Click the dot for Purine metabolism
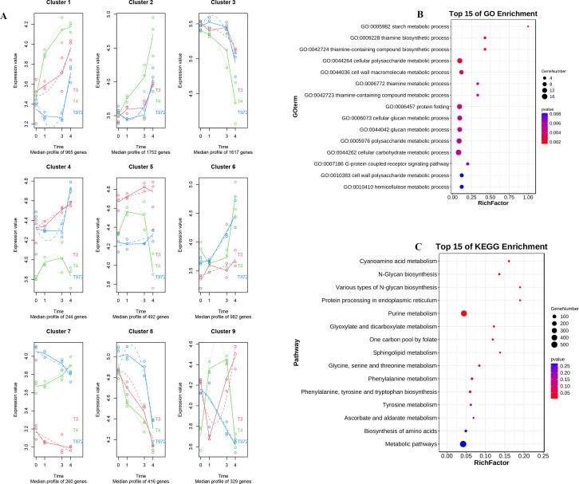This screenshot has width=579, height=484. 464,314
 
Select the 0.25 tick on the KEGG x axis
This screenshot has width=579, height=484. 542,457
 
